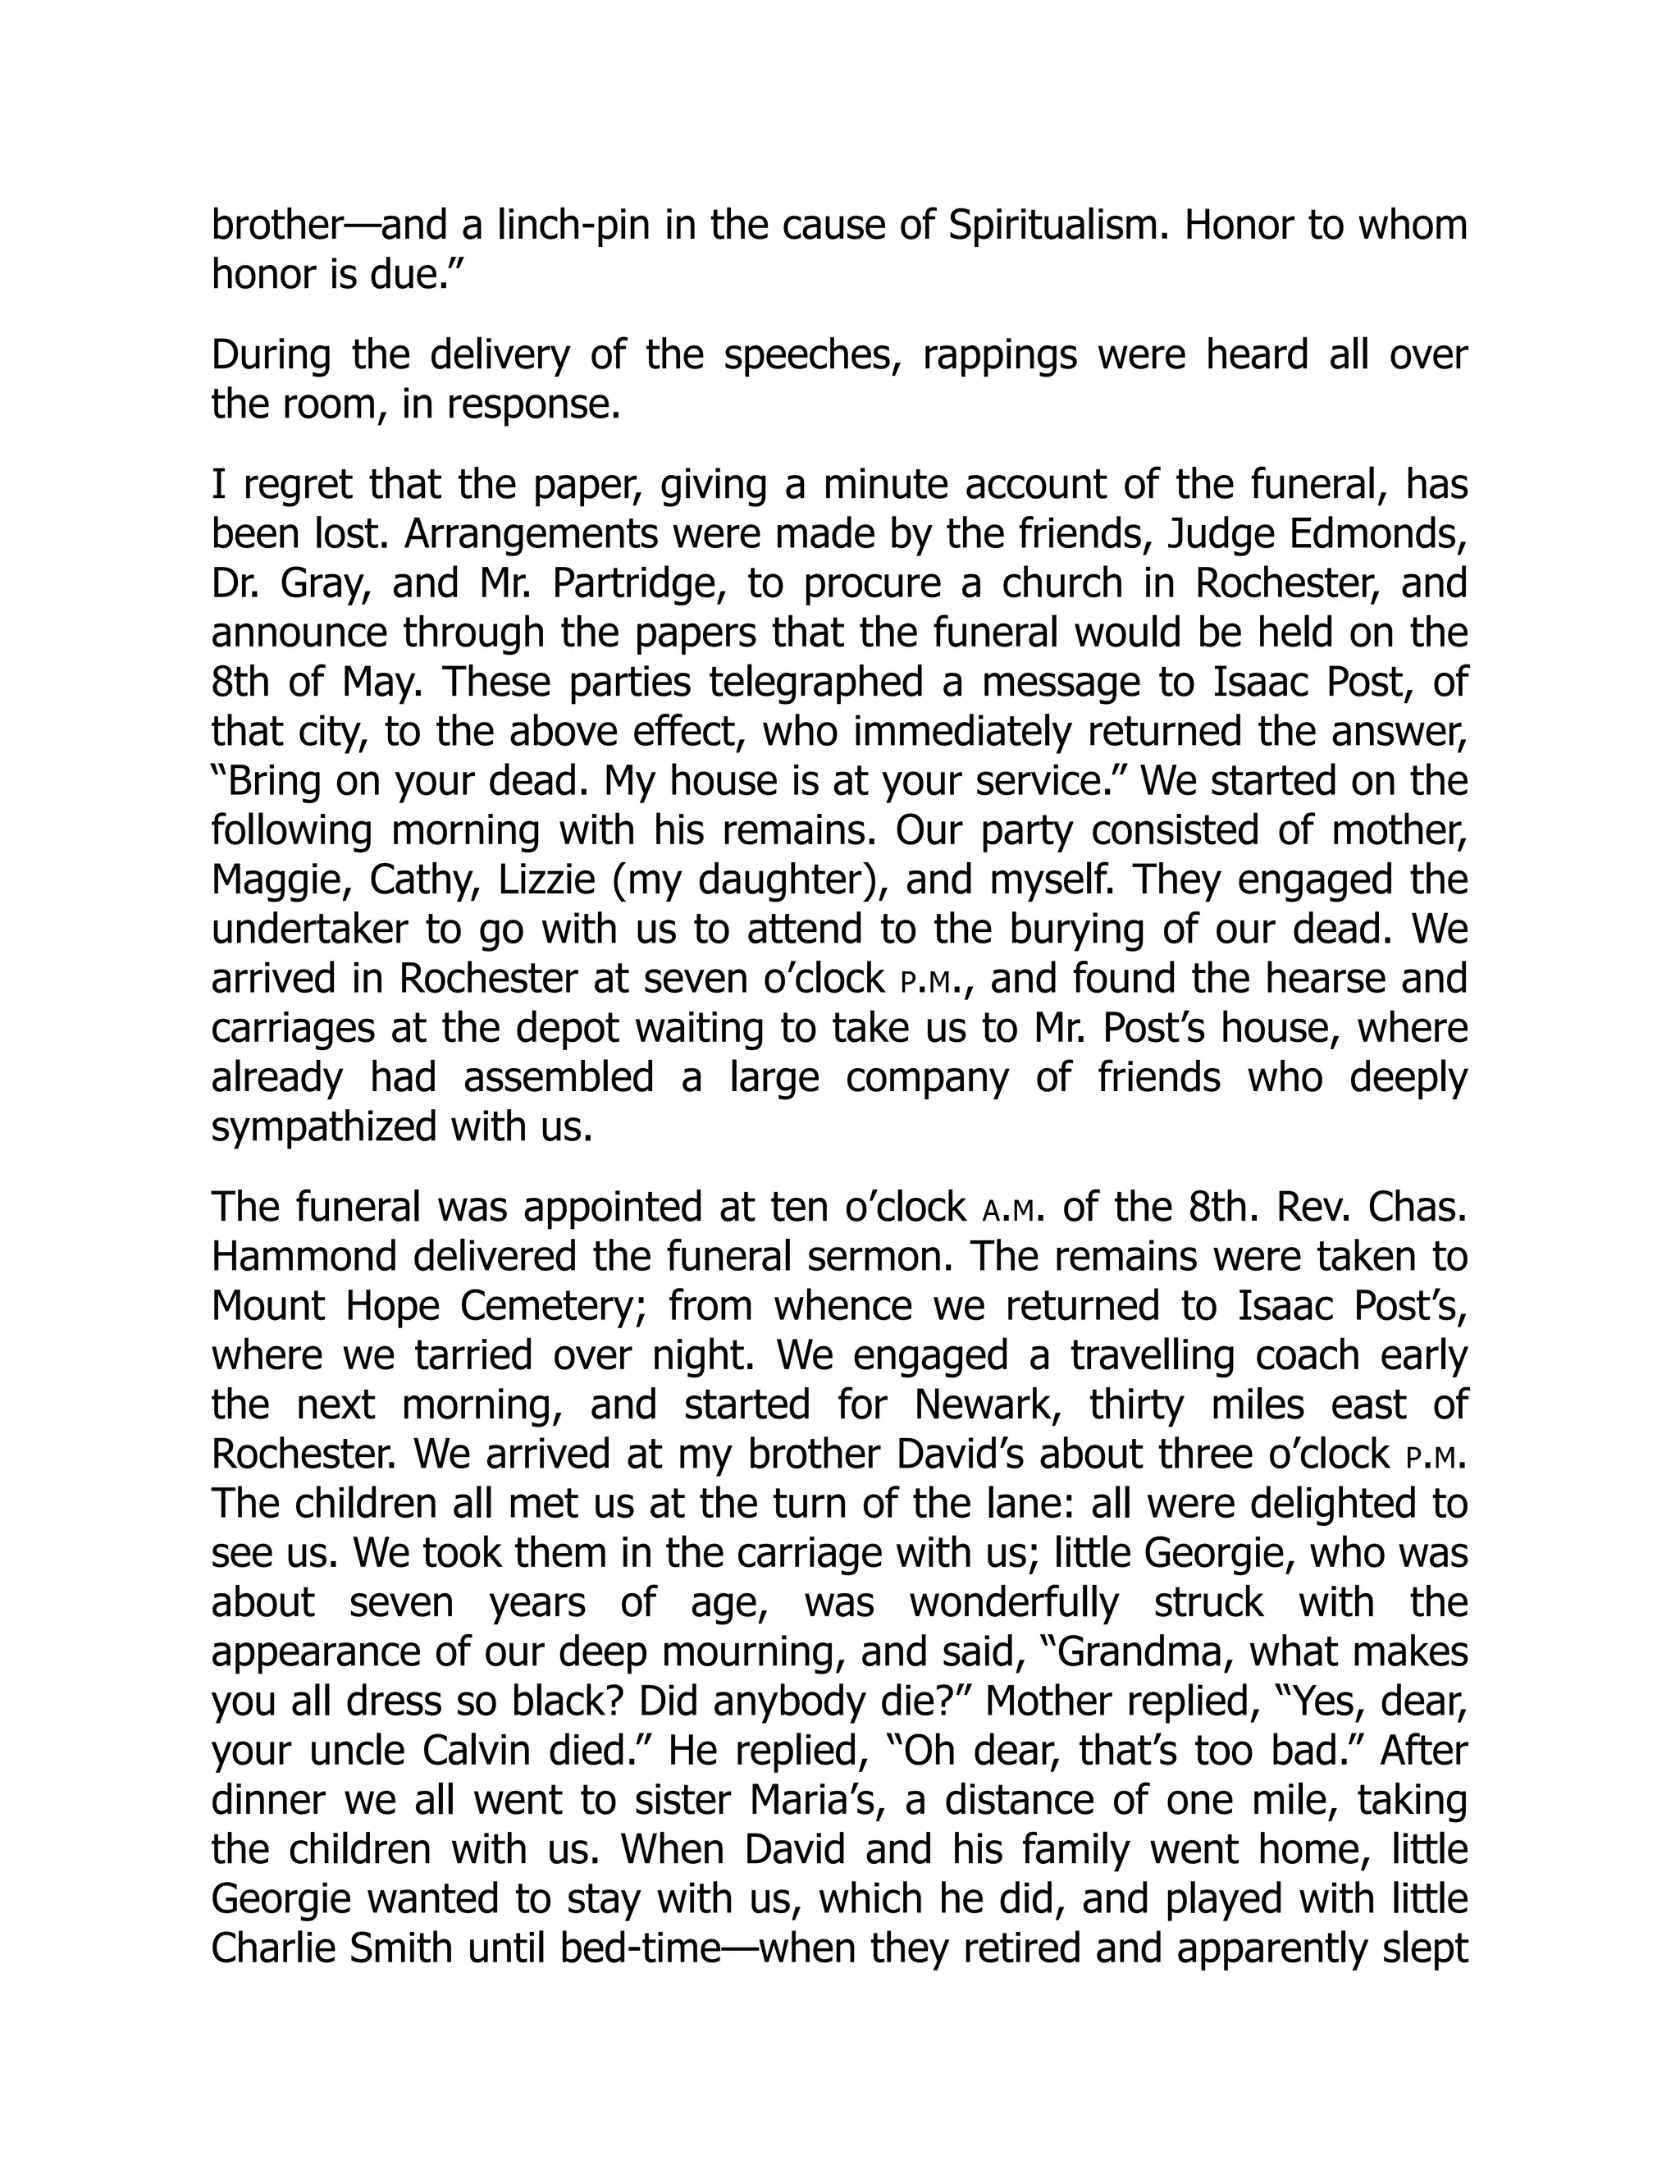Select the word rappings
coord(1000,355)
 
